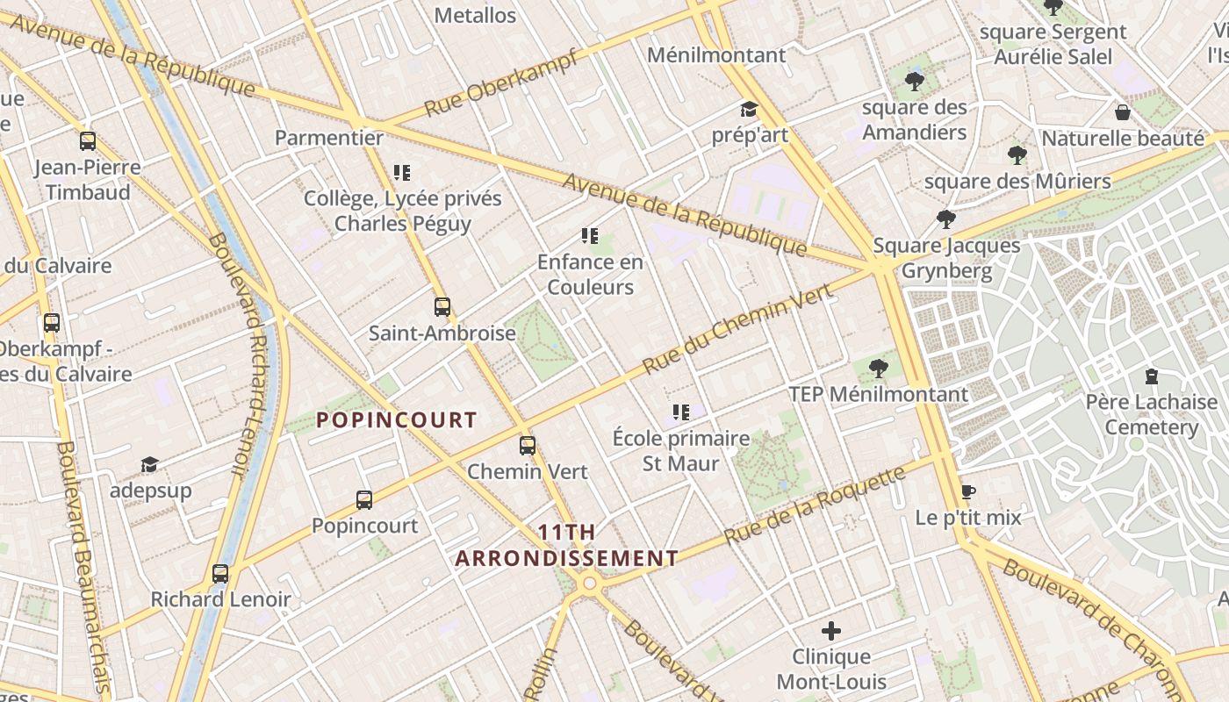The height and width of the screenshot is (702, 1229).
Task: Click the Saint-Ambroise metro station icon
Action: pos(442,307)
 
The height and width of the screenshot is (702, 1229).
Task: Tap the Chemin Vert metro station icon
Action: pos(527,446)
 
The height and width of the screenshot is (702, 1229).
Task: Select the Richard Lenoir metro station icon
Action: pos(220,574)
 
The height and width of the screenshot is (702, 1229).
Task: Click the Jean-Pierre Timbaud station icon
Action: pos(88,141)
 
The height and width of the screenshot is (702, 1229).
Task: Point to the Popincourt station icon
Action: pos(364,500)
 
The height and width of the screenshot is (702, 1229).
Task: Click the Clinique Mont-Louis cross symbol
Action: pos(831,631)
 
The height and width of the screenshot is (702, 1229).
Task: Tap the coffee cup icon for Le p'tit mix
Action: pos(967,491)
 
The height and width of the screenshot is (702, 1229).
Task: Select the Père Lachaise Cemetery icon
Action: pos(1151,376)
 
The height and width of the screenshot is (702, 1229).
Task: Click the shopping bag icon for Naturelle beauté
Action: pos(1122,112)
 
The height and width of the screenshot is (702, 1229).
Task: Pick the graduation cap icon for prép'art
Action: pos(749,110)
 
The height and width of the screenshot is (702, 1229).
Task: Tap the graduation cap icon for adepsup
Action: pos(150,464)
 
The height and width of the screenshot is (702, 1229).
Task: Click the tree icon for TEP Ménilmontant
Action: pos(878,369)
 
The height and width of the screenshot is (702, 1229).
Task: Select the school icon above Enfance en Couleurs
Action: pos(590,235)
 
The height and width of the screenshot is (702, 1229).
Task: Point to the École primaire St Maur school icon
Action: pos(680,412)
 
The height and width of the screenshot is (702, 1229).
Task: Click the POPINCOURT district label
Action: pos(397,420)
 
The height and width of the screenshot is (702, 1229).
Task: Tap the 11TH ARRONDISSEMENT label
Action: pos(567,545)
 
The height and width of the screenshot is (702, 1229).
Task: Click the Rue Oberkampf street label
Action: pos(501,83)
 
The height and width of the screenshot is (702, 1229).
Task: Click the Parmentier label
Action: pos(329,138)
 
